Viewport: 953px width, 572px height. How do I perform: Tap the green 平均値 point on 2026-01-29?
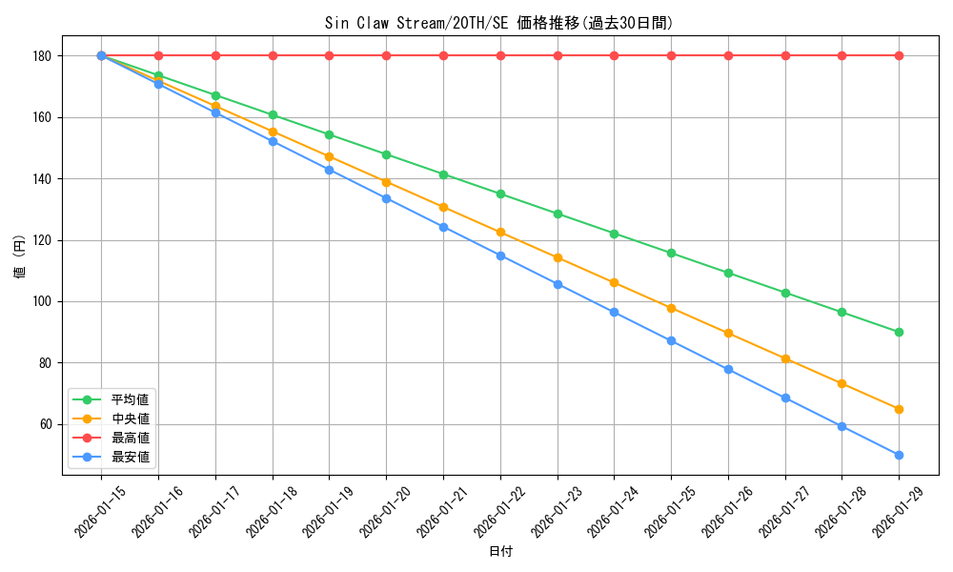899,332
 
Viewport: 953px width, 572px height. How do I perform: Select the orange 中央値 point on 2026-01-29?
899,409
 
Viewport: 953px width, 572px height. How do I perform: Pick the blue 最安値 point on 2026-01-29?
899,455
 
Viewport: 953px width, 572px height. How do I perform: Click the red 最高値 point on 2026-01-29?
899,55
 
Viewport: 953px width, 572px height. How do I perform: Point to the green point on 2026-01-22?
500,194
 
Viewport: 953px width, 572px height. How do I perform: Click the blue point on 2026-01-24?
614,312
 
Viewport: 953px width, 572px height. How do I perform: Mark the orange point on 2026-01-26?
728,333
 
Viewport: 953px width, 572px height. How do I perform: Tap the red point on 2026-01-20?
386,55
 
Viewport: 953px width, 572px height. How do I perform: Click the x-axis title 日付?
500,552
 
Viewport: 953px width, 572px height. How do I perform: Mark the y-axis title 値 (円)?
19,257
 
